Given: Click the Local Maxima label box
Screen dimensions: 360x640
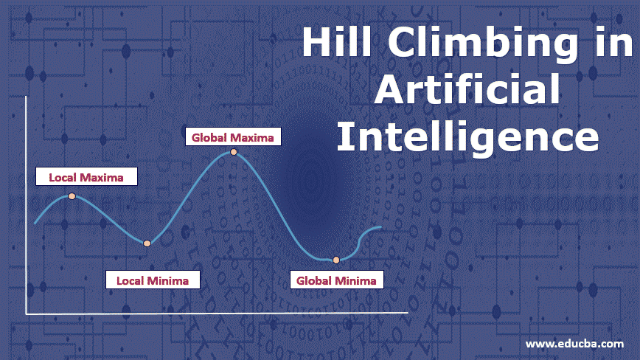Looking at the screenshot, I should click(x=86, y=177).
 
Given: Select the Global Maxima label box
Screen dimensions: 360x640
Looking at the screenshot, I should click(x=233, y=136).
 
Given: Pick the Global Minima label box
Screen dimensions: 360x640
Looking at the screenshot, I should click(x=335, y=280).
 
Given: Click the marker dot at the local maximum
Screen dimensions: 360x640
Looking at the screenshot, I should click(x=72, y=196).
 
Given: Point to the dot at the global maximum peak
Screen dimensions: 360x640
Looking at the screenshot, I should click(x=234, y=152).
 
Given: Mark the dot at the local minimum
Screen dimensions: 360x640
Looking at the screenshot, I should click(x=147, y=243).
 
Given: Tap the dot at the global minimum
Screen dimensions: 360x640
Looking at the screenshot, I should click(x=336, y=260).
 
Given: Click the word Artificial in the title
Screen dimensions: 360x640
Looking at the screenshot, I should click(x=466, y=91).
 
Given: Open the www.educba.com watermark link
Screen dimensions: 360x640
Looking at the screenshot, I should click(x=574, y=344).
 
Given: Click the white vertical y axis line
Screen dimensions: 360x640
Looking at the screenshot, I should click(x=26, y=207).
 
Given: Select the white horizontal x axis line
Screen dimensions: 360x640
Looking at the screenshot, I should click(x=214, y=314).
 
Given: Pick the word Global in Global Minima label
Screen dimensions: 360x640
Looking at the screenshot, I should click(x=314, y=280).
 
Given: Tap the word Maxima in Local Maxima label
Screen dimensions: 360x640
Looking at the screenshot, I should click(x=106, y=177).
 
